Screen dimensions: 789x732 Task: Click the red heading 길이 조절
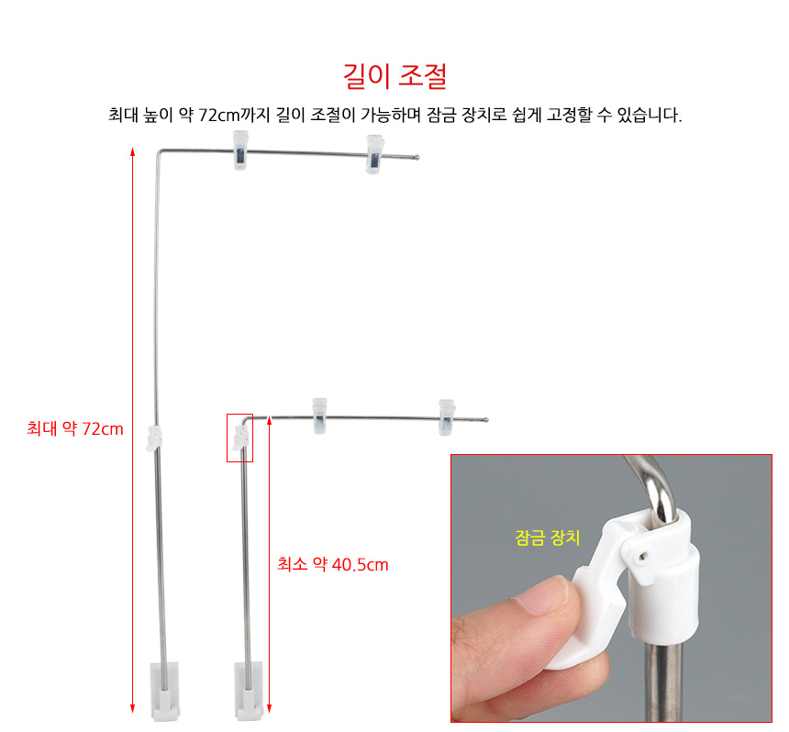(395, 76)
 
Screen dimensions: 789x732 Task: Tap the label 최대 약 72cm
(75, 428)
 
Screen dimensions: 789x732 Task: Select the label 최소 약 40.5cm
(333, 564)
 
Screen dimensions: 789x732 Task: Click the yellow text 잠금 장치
(548, 538)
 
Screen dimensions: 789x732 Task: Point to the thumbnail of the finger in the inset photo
(543, 595)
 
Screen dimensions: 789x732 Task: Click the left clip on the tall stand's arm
(240, 150)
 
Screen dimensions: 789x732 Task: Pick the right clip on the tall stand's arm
(374, 154)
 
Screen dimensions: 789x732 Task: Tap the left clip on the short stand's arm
(319, 416)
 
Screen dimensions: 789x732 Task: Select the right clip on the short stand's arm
(446, 417)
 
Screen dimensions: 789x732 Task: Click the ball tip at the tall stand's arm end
(417, 158)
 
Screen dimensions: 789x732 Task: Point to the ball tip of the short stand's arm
(485, 419)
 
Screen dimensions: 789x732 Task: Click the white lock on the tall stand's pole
(154, 438)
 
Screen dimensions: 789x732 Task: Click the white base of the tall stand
(165, 691)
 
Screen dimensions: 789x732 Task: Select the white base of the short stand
(249, 690)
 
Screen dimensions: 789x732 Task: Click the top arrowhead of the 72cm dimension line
(133, 151)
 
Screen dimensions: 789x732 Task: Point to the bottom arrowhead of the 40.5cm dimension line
(269, 708)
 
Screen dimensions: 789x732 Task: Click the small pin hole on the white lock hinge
(642, 557)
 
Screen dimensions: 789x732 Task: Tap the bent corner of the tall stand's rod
(159, 151)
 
